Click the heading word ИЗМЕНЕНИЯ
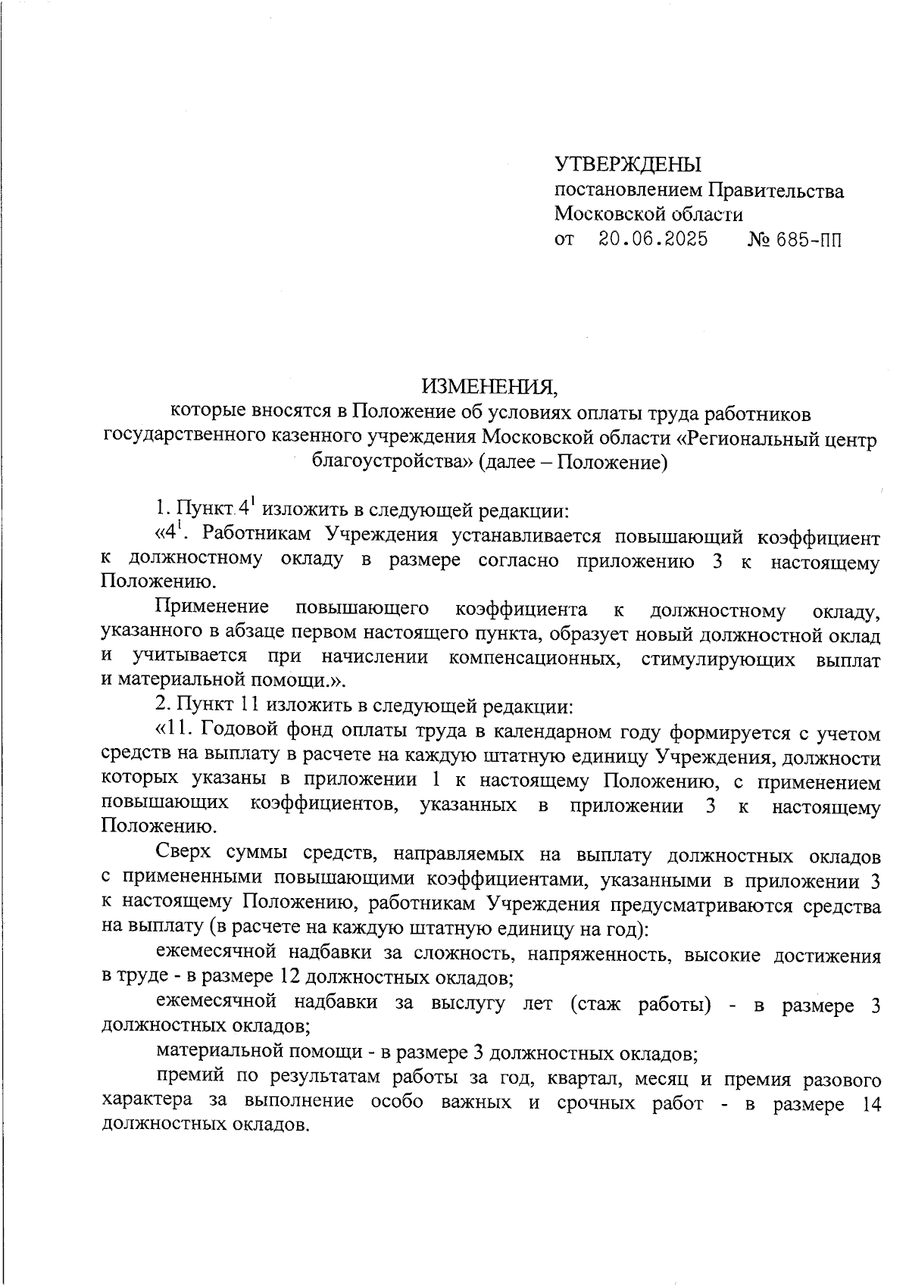[489, 387]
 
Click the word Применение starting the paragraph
[212, 608]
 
